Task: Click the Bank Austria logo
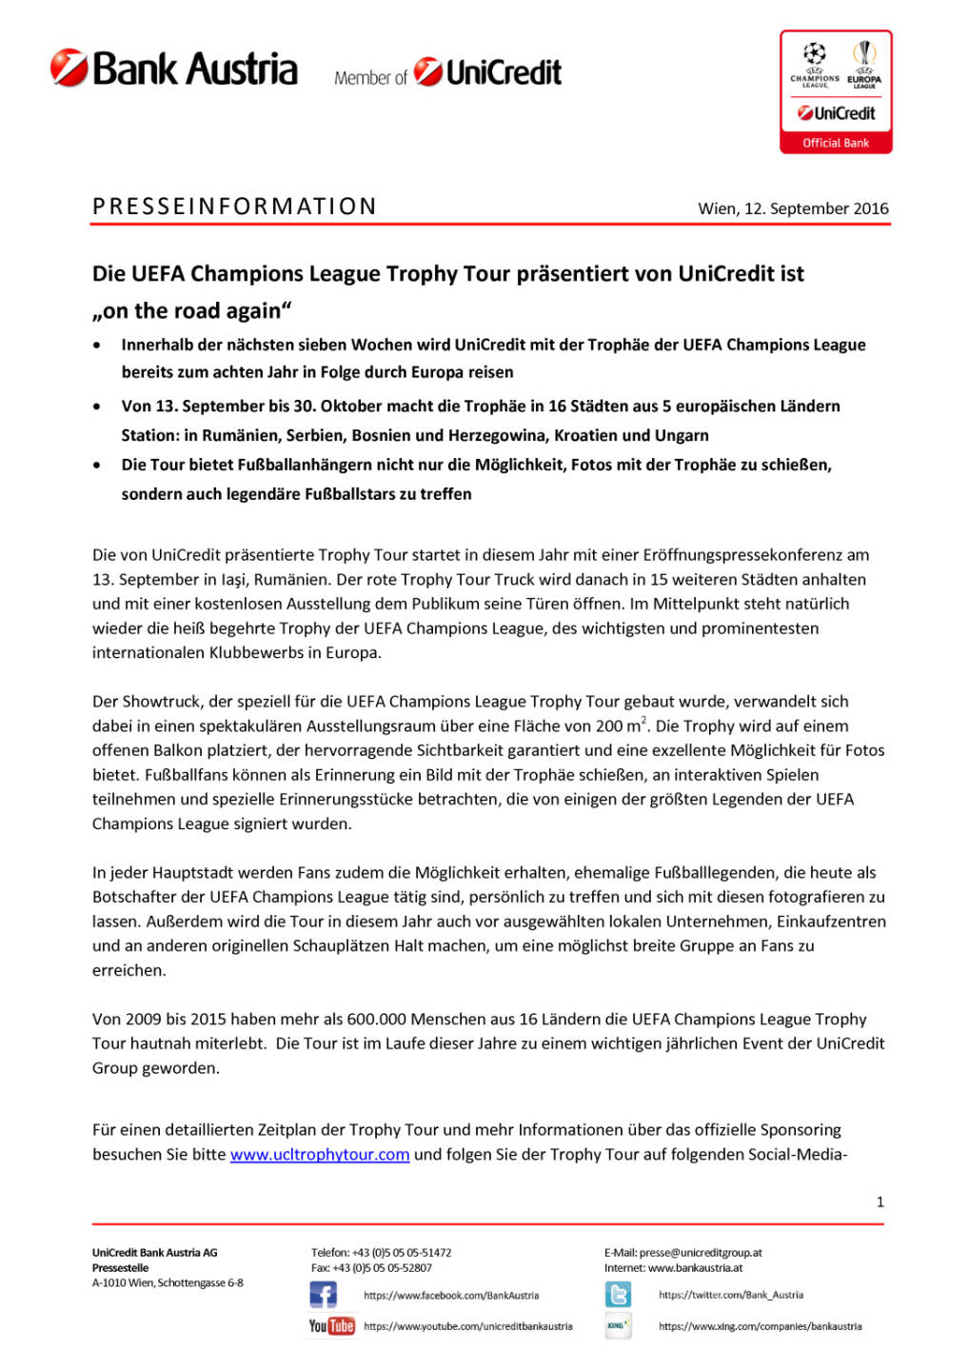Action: pos(174,69)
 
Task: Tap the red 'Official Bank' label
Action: pos(835,143)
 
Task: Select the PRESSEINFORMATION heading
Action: pos(234,207)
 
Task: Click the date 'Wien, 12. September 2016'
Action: pos(793,209)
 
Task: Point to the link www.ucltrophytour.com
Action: pos(320,1155)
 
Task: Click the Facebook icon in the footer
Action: pos(323,1295)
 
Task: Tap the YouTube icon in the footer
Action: pos(330,1326)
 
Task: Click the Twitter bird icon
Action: pos(618,1295)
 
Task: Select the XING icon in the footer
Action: pos(618,1325)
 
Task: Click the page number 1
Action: pos(880,1202)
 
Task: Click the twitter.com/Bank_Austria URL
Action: pos(730,1295)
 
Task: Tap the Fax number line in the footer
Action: pos(371,1268)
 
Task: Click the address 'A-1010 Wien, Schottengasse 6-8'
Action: pos(168,1283)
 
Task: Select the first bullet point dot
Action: pos(97,346)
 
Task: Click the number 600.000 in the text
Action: pos(374,1020)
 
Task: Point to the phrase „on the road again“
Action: pos(191,311)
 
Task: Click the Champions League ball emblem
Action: pos(814,53)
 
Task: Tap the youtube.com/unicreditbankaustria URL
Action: pos(467,1326)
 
